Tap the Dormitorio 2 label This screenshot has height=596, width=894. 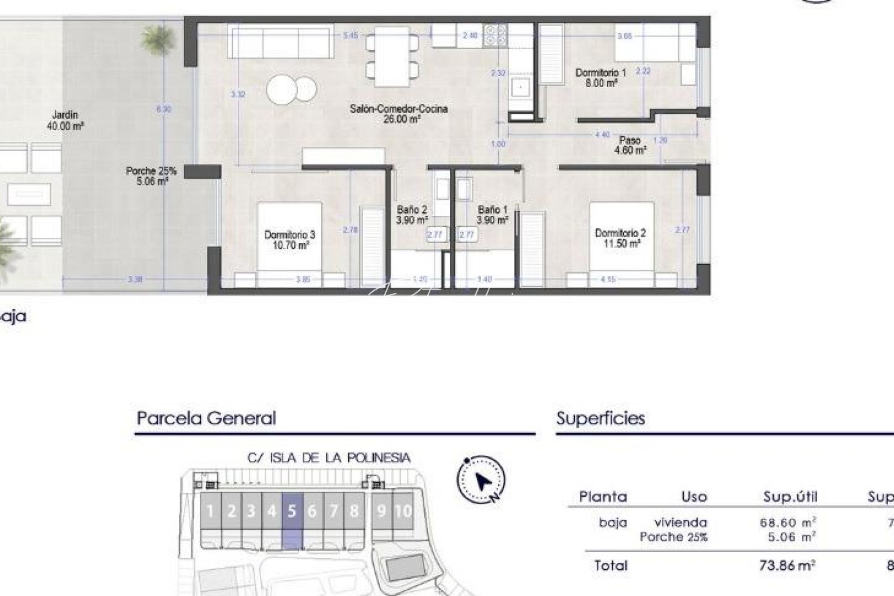[x=620, y=238]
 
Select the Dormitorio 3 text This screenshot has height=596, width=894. [x=290, y=240]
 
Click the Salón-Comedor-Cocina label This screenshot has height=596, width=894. [x=398, y=114]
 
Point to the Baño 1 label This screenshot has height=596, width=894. [x=492, y=215]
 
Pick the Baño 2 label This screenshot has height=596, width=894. [x=412, y=215]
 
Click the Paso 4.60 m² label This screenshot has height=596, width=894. [x=630, y=145]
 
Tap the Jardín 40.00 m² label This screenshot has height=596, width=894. [x=65, y=120]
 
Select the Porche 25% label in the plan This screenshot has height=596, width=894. [x=151, y=175]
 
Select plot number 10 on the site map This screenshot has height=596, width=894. [x=403, y=511]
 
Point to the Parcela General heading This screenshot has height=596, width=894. [x=206, y=418]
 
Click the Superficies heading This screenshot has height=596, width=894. [x=600, y=418]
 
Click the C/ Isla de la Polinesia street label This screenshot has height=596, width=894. [x=329, y=457]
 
